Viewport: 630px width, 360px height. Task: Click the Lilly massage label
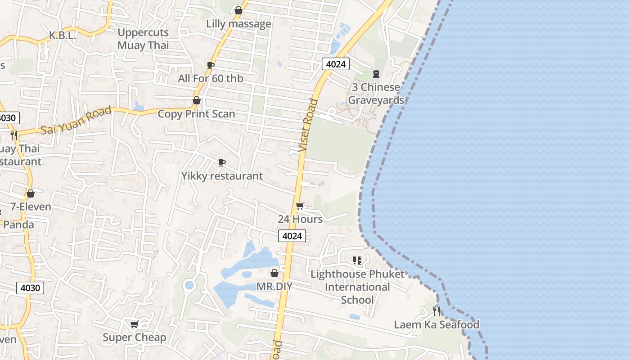238,23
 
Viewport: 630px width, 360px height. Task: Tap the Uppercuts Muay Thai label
143,39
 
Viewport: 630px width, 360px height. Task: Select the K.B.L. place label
63,36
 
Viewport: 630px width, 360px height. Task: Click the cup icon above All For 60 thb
210,65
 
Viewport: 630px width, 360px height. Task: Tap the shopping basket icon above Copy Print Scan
197,100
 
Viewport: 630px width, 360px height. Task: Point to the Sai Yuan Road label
76,120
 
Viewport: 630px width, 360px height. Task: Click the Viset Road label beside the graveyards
308,125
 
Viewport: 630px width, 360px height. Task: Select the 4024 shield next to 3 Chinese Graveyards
336,64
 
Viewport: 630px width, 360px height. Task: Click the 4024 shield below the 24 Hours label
292,236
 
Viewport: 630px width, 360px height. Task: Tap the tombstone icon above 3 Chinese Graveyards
376,74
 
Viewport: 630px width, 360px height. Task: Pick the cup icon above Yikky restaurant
221,162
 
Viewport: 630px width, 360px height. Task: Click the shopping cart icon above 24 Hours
300,206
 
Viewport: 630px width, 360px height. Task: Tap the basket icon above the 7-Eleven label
31,193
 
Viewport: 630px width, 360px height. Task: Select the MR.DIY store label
274,286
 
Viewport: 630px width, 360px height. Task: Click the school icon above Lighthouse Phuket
357,260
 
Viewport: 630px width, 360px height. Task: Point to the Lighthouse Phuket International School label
357,287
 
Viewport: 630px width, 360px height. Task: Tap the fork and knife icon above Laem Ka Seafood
436,311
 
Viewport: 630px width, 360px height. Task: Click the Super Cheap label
134,337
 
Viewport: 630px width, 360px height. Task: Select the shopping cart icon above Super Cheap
134,324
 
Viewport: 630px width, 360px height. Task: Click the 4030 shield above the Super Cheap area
31,288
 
